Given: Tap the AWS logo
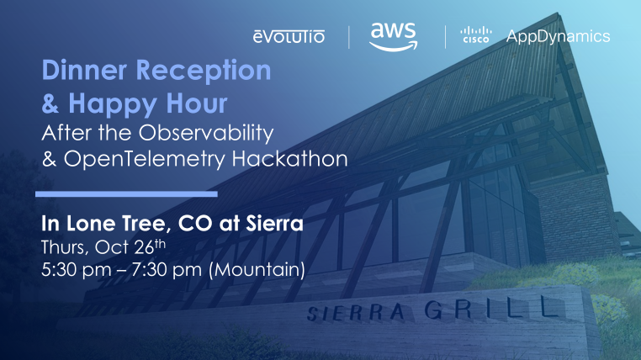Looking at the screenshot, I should tap(393, 35).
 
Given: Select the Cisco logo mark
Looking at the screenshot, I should tap(475, 35).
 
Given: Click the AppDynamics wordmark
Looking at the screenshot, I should tap(558, 36).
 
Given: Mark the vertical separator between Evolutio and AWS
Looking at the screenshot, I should tap(348, 36).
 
